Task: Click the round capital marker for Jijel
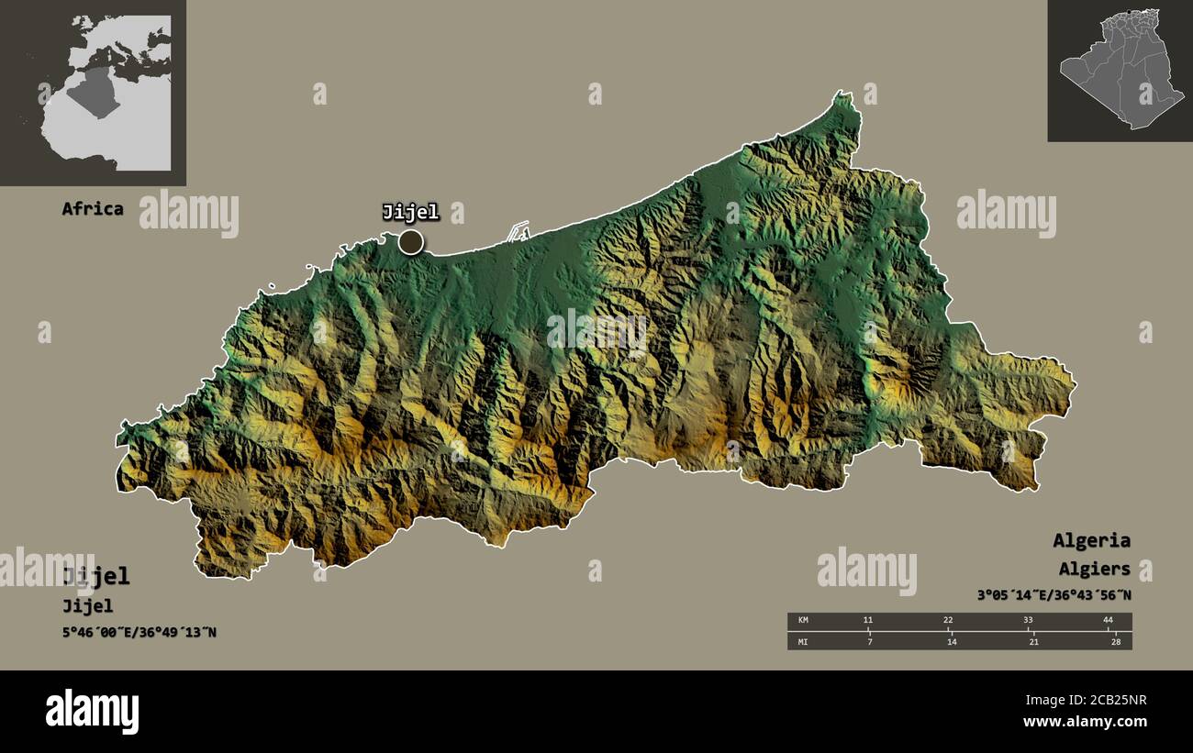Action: point(411,242)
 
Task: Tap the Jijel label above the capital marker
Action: point(410,213)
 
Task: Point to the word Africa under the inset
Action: point(92,208)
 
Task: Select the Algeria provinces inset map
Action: point(1120,70)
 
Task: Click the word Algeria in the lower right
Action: point(1091,540)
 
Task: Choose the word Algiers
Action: point(1094,570)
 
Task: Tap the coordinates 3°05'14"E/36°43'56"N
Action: point(1054,595)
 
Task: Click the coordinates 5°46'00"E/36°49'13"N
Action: point(139,632)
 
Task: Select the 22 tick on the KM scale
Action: point(949,621)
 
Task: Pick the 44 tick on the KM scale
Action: point(1108,621)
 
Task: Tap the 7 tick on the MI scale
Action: point(869,641)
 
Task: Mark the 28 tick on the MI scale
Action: point(1115,641)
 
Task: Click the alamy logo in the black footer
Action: point(92,712)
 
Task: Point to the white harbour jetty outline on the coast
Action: point(518,229)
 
